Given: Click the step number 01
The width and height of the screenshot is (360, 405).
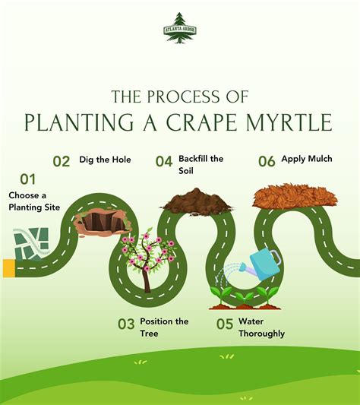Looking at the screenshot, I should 28,179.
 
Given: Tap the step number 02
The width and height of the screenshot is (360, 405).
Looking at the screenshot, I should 61,161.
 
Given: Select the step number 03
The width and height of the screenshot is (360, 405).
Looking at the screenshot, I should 126,324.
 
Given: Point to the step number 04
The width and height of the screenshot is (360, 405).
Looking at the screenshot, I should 164,161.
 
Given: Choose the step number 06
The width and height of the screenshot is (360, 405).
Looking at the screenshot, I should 267,161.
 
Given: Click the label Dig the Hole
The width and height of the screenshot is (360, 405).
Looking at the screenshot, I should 106,160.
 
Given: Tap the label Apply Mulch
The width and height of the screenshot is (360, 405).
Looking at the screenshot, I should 306,159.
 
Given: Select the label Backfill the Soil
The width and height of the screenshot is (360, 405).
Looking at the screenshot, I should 201,164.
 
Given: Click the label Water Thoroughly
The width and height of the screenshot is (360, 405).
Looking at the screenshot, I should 261,327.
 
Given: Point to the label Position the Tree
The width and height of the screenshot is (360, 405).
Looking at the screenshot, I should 164,327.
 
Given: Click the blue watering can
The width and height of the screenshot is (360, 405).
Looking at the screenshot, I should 261,262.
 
